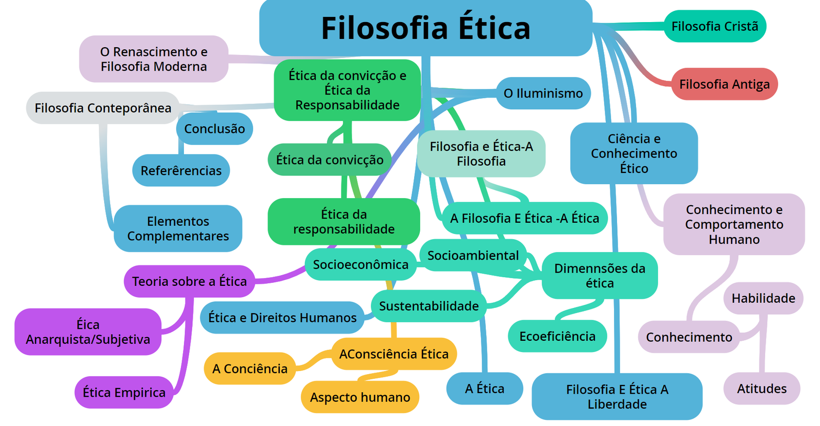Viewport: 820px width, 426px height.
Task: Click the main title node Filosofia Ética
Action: click(425, 28)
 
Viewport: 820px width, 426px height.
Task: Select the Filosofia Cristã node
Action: click(714, 26)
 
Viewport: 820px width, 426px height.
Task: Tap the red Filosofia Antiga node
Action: click(724, 84)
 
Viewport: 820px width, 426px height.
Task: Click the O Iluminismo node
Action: click(543, 93)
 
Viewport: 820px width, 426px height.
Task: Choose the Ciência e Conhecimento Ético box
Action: click(633, 153)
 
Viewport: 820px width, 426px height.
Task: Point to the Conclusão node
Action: click(214, 129)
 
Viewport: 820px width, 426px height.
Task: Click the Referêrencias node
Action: click(181, 170)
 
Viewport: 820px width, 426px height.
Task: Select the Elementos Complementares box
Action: click(178, 229)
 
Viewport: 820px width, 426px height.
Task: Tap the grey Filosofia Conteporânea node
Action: click(102, 108)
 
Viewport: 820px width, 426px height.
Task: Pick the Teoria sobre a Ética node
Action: click(189, 281)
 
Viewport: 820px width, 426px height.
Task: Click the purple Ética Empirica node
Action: click(124, 393)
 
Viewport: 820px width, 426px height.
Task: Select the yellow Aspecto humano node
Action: click(360, 397)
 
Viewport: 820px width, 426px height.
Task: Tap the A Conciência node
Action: click(250, 369)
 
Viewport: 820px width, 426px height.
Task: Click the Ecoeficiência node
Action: click(557, 336)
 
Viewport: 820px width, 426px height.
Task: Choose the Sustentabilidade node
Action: click(428, 306)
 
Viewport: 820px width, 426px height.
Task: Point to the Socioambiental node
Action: click(473, 255)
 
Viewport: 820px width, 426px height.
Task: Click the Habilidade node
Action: click(763, 298)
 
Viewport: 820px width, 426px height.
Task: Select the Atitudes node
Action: click(761, 389)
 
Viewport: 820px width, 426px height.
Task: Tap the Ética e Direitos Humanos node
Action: click(282, 318)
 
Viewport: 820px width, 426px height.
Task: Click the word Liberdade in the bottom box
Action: click(617, 404)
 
